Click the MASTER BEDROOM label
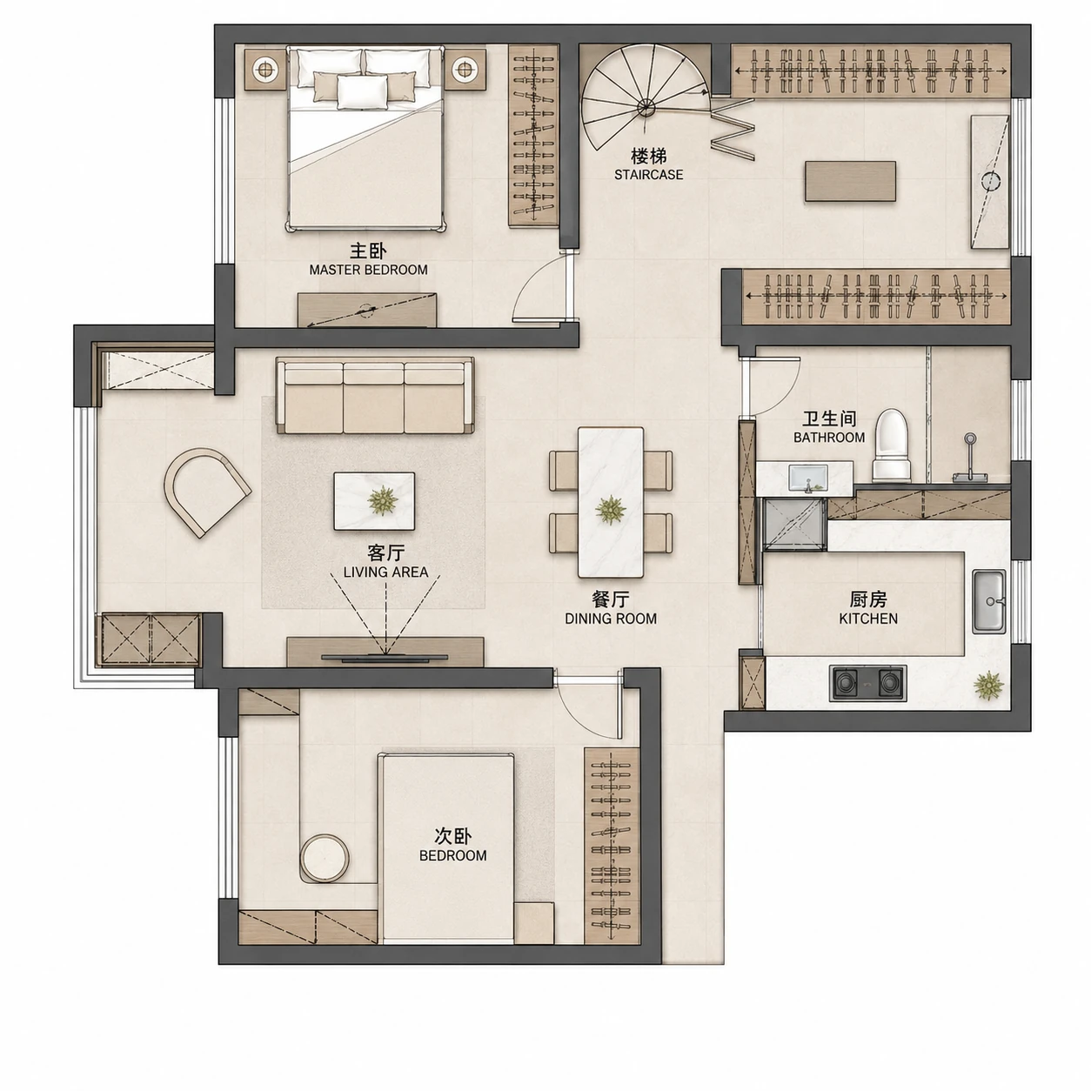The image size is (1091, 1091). [368, 270]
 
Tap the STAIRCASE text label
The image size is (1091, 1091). [648, 174]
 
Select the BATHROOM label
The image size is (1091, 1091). [829, 437]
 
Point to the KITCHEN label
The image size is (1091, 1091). [868, 619]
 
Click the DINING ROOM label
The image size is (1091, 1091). [611, 619]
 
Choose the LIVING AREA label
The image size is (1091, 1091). [385, 572]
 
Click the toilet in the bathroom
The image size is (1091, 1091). [892, 445]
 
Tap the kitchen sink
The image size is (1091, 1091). [989, 601]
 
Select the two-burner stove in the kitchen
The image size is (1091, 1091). [867, 683]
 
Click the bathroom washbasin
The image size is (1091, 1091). [808, 479]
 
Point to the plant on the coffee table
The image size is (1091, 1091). [381, 500]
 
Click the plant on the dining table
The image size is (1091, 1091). [611, 510]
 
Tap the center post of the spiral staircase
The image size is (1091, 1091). [646, 107]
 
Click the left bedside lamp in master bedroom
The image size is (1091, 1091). [264, 70]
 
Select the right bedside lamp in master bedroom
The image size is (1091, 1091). [465, 70]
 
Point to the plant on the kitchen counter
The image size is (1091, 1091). [988, 686]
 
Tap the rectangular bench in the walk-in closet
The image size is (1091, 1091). [850, 181]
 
